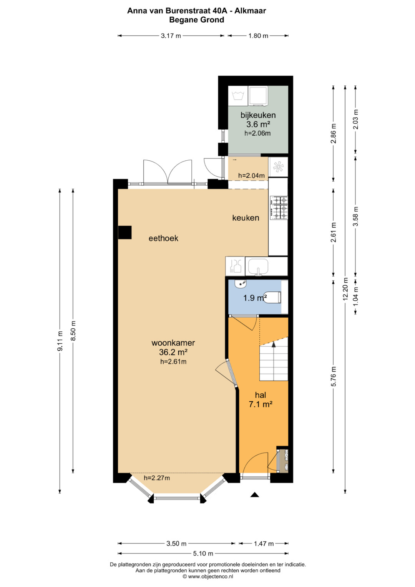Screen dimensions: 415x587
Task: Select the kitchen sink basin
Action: (x=258, y=266)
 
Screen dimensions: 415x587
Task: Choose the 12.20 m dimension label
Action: (x=345, y=289)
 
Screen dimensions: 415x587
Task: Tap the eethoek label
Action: (x=163, y=238)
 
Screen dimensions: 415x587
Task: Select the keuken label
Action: (x=246, y=218)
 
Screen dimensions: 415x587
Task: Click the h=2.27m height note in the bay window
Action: (x=157, y=478)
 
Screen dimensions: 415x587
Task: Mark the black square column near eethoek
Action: (x=125, y=233)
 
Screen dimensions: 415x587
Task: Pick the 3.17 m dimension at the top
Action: (x=171, y=36)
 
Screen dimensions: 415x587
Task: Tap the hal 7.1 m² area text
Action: (x=261, y=400)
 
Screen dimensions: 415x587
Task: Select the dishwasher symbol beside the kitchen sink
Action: (x=235, y=266)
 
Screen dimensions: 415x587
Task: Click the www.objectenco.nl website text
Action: (x=207, y=576)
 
